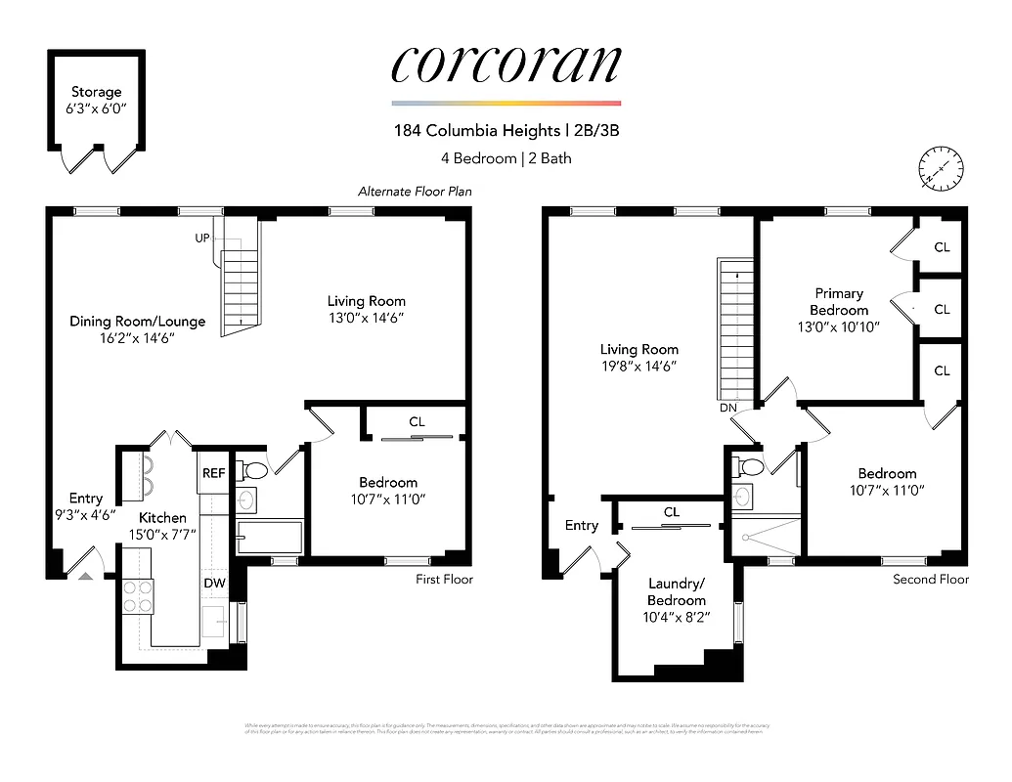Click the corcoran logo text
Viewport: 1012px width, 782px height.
point(506,64)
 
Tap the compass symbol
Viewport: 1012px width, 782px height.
point(942,169)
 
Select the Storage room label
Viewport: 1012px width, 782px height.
point(96,92)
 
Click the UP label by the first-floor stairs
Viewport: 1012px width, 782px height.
point(202,239)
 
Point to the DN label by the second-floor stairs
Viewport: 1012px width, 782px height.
point(726,407)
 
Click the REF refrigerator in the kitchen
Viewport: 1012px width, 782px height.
point(213,473)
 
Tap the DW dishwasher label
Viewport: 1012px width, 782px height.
point(215,584)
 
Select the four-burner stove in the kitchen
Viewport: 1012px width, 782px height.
point(138,595)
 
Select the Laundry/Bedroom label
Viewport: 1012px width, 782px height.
point(676,591)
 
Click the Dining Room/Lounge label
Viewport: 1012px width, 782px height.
point(137,321)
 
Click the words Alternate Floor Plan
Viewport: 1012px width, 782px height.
point(415,192)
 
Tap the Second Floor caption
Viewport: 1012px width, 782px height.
point(930,580)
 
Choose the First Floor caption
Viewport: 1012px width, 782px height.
point(444,580)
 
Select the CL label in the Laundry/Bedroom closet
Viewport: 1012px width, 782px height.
point(671,512)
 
